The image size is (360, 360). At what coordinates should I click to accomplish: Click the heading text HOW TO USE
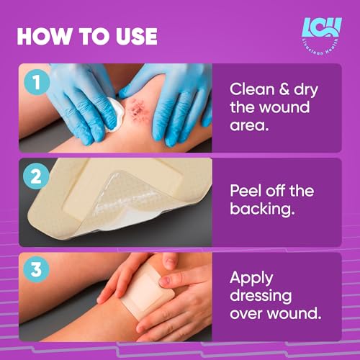pos(86,35)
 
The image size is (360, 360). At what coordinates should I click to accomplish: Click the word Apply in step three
pos(251,278)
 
